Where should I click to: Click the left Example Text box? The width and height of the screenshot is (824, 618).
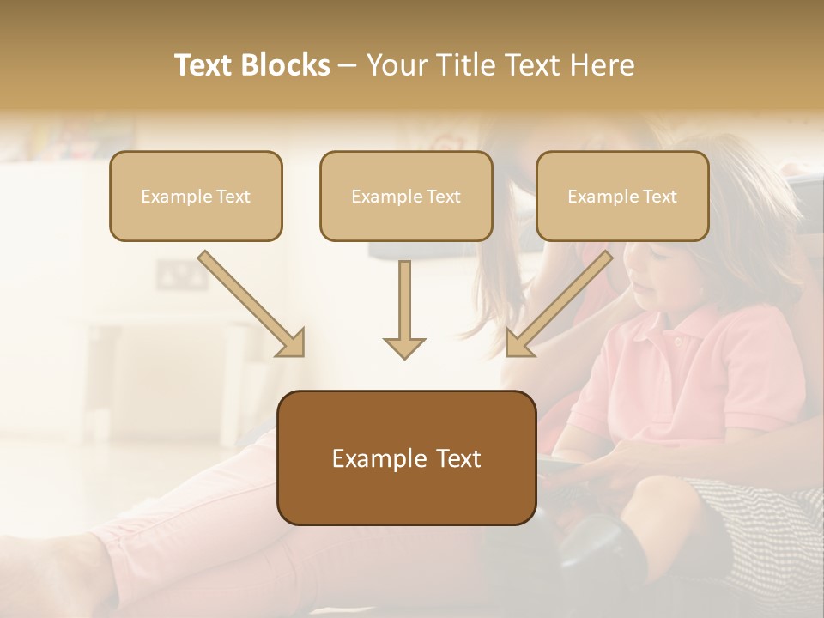coord(196,196)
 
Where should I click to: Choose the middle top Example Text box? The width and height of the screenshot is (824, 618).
coord(406,196)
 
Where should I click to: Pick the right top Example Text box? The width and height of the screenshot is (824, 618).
coord(622,196)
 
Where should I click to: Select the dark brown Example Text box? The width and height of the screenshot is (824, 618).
coord(406,457)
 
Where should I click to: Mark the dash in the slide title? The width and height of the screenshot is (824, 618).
coord(348,66)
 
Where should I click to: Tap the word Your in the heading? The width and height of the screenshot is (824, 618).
coord(397,65)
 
